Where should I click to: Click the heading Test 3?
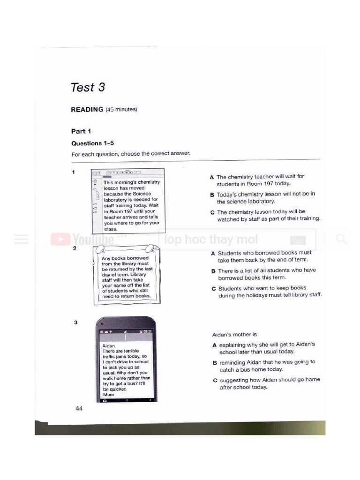click(88, 88)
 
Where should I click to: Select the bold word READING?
click(87, 110)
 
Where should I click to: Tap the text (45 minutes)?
click(121, 110)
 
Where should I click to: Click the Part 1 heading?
click(81, 131)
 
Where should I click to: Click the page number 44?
click(79, 409)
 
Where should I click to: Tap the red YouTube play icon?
click(59, 240)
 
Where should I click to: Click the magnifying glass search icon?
click(342, 240)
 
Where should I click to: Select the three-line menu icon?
click(21, 240)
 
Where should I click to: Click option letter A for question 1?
click(212, 177)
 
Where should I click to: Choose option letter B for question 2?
click(213, 271)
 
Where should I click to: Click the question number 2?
click(75, 248)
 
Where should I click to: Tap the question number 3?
click(75, 323)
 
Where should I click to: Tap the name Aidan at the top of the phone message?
click(109, 346)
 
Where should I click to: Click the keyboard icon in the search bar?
click(298, 240)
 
